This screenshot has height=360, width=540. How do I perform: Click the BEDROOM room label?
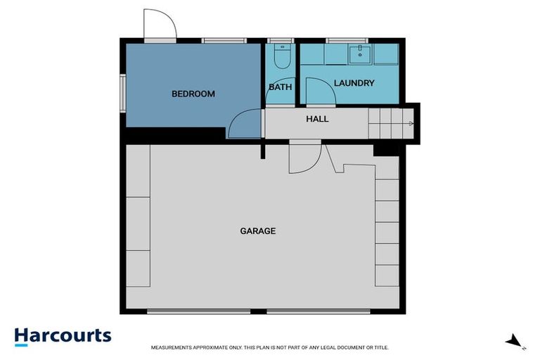[x=193, y=94]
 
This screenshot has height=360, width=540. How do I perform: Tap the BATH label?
[x=280, y=87]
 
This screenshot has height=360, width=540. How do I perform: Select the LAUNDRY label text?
[x=354, y=83]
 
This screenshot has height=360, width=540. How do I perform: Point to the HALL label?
[x=317, y=119]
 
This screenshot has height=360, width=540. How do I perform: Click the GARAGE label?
[x=258, y=231]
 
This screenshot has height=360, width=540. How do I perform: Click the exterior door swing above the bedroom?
[x=159, y=25]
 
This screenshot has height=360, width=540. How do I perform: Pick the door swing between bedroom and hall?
[x=245, y=124]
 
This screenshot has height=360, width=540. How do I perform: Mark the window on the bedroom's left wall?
[x=123, y=93]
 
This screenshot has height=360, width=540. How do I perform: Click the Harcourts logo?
[x=63, y=335]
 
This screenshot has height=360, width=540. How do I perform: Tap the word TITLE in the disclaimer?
[x=380, y=347]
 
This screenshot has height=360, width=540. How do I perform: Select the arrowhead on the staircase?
[x=411, y=124]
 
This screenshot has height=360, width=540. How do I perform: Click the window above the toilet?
[x=279, y=40]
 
